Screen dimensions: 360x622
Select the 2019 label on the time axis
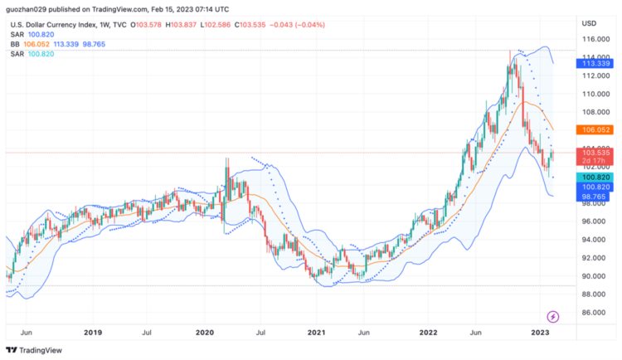[x=92, y=333]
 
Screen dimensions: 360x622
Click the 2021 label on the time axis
[x=316, y=333]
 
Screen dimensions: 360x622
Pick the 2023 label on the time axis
[x=540, y=333]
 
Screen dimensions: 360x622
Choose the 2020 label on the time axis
[x=204, y=333]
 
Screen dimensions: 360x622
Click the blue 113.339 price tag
[x=596, y=63]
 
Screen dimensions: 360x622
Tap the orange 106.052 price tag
[x=596, y=130]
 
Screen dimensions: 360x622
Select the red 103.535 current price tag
[x=596, y=153]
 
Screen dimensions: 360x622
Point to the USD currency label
[x=589, y=22]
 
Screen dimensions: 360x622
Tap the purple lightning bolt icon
[x=554, y=316]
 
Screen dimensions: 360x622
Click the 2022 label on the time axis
[x=428, y=333]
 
